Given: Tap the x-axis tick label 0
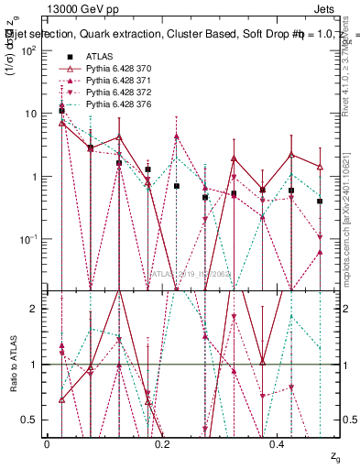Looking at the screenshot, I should point(48,443).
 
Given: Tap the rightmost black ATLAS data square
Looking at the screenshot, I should point(320,201).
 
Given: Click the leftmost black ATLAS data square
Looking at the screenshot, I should point(61,111).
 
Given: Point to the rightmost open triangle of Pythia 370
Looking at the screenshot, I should point(320,167).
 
